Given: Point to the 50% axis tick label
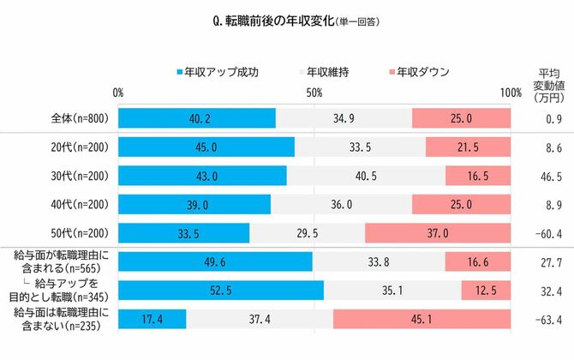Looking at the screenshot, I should click(x=314, y=93).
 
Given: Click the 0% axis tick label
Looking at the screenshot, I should click(x=118, y=93).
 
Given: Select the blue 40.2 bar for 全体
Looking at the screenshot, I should click(x=196, y=118).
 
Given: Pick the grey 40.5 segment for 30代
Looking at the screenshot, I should click(x=365, y=176).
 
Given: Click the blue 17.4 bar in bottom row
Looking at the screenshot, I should click(x=152, y=320).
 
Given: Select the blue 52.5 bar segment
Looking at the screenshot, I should click(x=220, y=291).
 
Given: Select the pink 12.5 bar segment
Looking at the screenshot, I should click(x=486, y=291).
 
